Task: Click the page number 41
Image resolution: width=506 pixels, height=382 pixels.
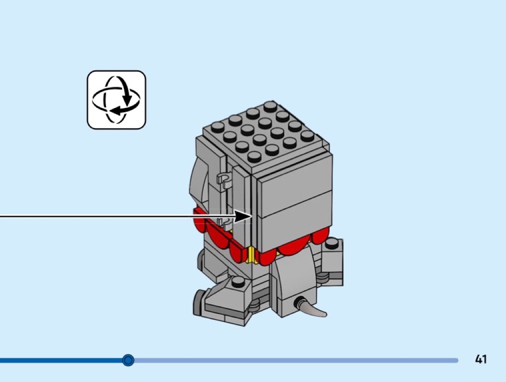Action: point(480,359)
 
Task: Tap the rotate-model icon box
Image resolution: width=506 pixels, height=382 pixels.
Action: point(116,100)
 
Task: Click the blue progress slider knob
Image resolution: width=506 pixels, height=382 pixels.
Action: point(128,360)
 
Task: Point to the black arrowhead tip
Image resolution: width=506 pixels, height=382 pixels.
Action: point(251,216)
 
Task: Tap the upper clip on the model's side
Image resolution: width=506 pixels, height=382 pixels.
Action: point(224,180)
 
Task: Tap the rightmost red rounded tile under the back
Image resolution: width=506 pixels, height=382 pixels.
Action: point(320,236)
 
